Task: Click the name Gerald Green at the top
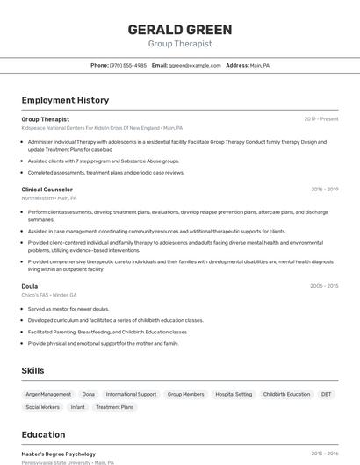[x=180, y=29]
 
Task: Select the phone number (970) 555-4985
[x=128, y=65]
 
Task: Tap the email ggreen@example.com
[x=194, y=65]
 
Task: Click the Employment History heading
[x=65, y=100]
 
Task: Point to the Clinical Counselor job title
[x=47, y=189]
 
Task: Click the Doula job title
[x=30, y=285]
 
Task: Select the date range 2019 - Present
[x=321, y=118]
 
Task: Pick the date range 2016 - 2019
[x=324, y=189]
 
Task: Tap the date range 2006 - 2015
[x=324, y=285]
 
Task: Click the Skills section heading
[x=32, y=371]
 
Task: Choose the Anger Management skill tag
[x=48, y=394]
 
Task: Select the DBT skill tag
[x=327, y=394]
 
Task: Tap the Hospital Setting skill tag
[x=234, y=394]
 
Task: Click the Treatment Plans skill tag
[x=115, y=407]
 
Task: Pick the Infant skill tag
[x=78, y=407]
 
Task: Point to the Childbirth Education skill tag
[x=286, y=394]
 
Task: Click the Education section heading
[x=43, y=434]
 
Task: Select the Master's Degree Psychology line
[x=59, y=454]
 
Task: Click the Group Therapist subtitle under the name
[x=180, y=44]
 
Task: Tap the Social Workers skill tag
[x=42, y=407]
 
